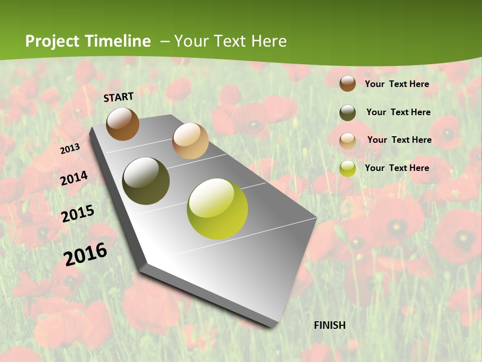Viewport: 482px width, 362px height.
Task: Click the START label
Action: pos(118,97)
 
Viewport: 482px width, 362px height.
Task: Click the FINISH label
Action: pos(330,325)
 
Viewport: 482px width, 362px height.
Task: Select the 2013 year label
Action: pos(70,149)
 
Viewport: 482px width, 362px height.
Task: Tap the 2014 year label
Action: pos(74,178)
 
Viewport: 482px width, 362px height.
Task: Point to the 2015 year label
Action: pos(78,213)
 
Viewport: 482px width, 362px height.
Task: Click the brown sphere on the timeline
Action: pos(123,124)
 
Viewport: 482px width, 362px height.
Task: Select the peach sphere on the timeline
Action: pos(190,141)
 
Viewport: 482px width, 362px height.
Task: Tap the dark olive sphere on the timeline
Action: pos(146,181)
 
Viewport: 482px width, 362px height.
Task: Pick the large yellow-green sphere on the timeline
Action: pos(217,209)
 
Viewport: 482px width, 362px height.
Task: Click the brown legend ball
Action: pos(347,83)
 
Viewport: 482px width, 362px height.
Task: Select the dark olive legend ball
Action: pos(347,113)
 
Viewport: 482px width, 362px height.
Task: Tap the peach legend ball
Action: pos(347,140)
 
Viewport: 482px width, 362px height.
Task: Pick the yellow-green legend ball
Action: pos(347,168)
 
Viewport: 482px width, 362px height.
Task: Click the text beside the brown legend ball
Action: pos(397,84)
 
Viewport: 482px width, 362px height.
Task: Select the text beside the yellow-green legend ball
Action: pos(397,168)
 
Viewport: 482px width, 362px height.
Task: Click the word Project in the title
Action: pos(53,41)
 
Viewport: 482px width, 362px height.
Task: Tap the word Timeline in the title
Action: pos(117,41)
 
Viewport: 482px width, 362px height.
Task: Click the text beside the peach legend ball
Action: pos(399,140)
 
